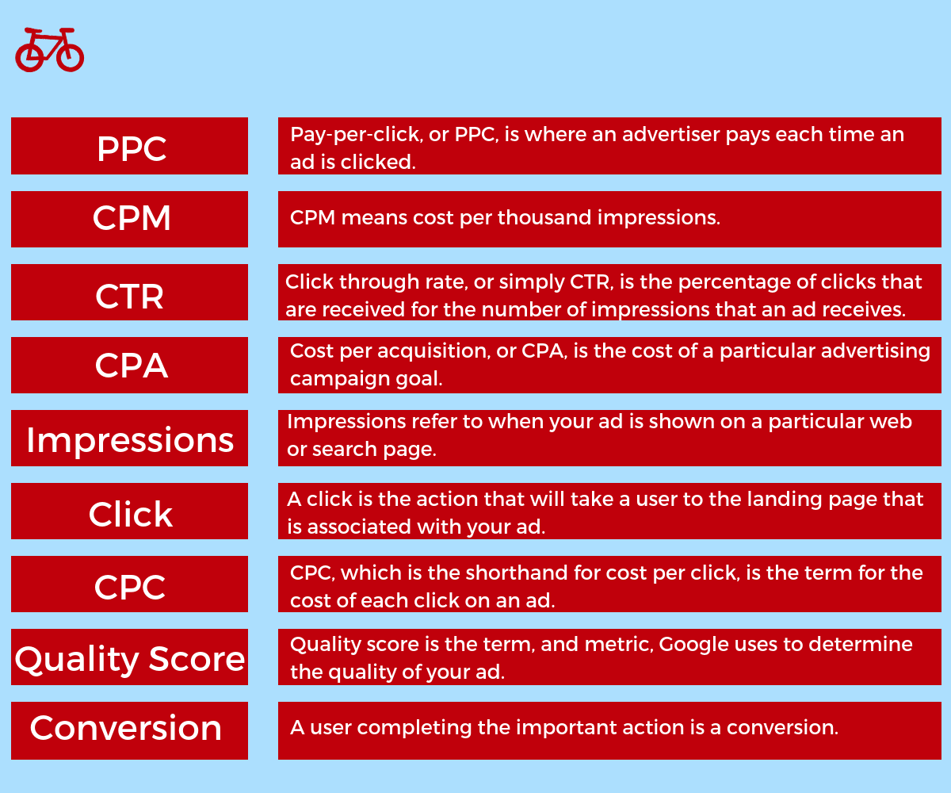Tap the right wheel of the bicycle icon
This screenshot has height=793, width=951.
82,56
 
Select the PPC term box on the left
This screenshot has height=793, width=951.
129,146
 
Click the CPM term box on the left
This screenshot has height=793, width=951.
129,219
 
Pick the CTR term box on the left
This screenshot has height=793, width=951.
129,292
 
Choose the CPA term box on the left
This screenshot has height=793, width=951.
129,365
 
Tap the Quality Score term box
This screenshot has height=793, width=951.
129,657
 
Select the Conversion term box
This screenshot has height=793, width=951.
129,730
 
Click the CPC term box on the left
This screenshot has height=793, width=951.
129,584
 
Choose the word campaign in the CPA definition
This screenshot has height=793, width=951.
340,379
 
